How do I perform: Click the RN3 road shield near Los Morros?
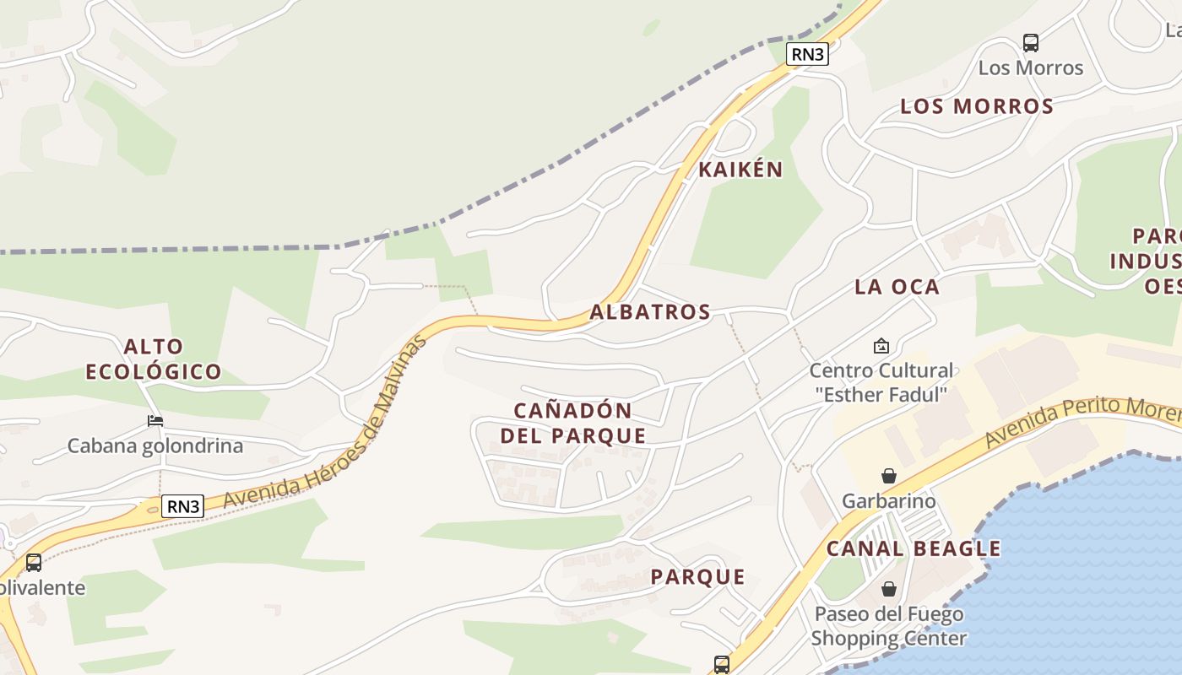pyautogui.click(x=807, y=54)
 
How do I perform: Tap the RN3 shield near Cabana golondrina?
pyautogui.click(x=183, y=506)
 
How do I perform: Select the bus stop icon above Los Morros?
pyautogui.click(x=1030, y=42)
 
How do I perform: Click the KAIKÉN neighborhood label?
pyautogui.click(x=740, y=170)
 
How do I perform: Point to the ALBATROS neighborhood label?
pyautogui.click(x=650, y=312)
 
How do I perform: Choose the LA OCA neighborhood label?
pyautogui.click(x=897, y=287)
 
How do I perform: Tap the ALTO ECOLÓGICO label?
pyautogui.click(x=154, y=359)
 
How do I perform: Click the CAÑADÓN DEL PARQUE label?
pyautogui.click(x=573, y=424)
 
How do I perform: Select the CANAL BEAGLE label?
pyautogui.click(x=914, y=549)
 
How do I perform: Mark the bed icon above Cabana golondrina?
pyautogui.click(x=155, y=420)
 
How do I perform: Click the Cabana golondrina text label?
pyautogui.click(x=155, y=445)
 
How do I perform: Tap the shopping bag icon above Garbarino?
pyautogui.click(x=888, y=477)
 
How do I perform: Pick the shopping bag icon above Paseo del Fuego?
pyautogui.click(x=888, y=589)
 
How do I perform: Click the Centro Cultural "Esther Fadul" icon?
pyautogui.click(x=881, y=346)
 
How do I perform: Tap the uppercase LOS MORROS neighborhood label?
pyautogui.click(x=977, y=106)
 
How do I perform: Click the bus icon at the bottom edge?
pyautogui.click(x=721, y=664)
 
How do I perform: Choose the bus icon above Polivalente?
pyautogui.click(x=34, y=562)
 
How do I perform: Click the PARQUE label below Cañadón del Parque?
pyautogui.click(x=697, y=577)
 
